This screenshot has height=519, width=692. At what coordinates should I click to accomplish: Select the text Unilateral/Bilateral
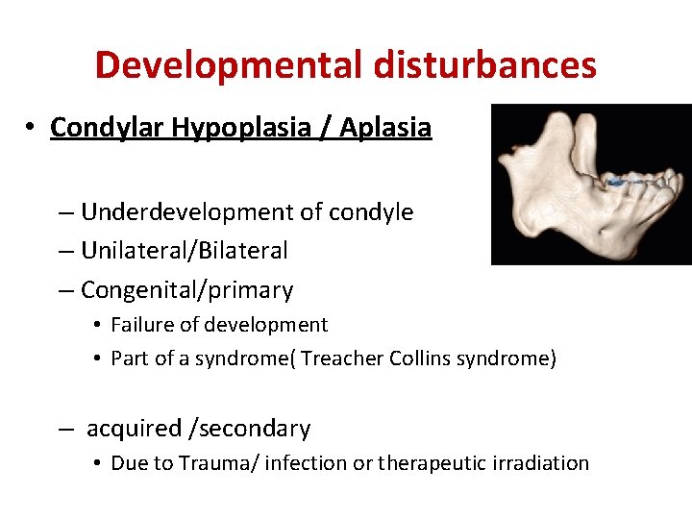(185, 251)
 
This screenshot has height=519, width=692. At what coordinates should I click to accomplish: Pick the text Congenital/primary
(187, 290)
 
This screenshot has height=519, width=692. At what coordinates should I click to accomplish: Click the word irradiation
(542, 463)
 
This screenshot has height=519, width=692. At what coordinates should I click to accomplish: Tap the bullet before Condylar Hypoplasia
(33, 128)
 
